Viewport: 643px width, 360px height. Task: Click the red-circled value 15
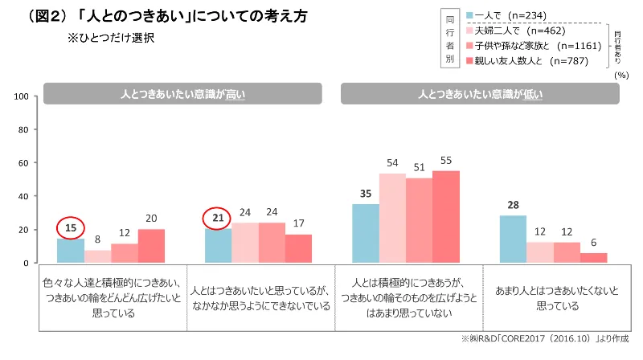point(70,228)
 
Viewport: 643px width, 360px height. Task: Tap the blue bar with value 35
point(366,233)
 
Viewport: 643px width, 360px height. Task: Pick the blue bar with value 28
point(513,239)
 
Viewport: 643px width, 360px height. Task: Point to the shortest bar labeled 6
point(594,257)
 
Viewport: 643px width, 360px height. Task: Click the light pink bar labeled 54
point(392,218)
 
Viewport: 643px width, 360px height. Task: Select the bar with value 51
point(419,220)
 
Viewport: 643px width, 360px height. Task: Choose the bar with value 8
point(97,256)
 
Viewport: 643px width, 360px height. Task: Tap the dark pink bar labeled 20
point(151,246)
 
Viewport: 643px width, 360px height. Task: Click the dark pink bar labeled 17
point(298,248)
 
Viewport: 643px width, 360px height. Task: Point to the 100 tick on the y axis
point(23,96)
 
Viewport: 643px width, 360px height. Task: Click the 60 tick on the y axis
point(24,163)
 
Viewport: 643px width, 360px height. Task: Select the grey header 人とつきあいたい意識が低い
point(480,94)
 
